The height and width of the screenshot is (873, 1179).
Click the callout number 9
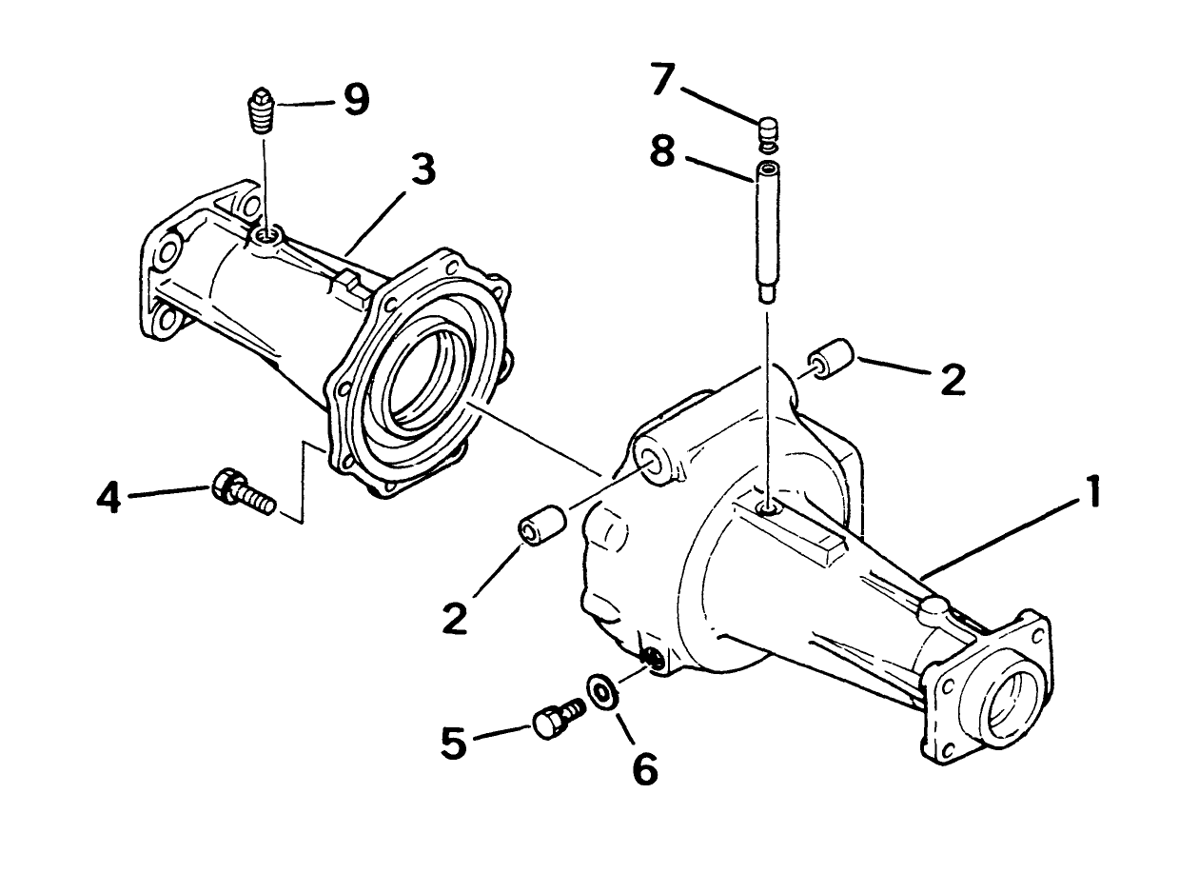[355, 99]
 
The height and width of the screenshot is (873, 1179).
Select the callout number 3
[421, 170]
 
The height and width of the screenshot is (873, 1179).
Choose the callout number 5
[454, 742]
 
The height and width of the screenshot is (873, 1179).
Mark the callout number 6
[644, 768]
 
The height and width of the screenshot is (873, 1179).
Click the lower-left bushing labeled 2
[540, 526]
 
